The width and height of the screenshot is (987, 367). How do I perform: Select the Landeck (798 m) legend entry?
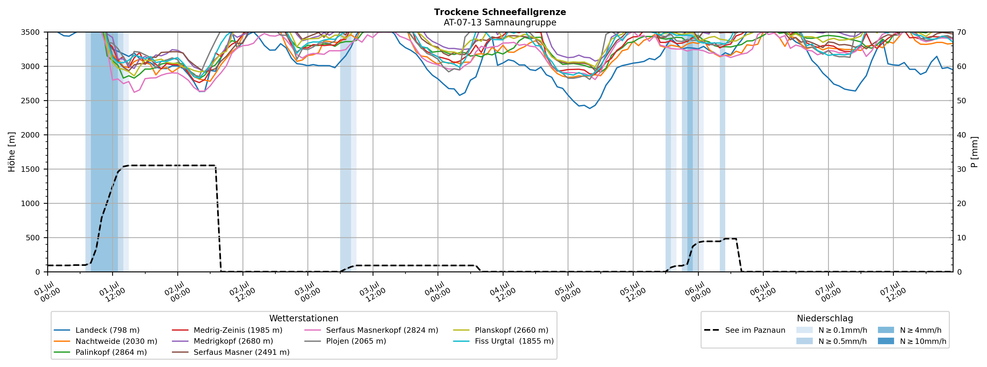(97, 330)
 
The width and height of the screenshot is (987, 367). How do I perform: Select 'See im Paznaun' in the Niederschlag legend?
(744, 330)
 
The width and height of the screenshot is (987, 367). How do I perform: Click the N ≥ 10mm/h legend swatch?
(885, 341)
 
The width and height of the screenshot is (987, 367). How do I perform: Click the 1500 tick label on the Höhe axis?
(30, 169)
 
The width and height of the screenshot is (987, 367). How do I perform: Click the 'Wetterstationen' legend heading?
(304, 318)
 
